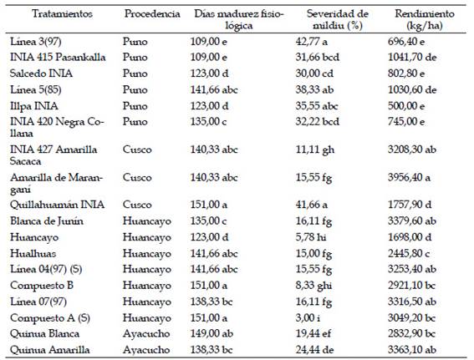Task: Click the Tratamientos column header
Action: [x=62, y=14]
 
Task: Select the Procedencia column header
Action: [x=152, y=14]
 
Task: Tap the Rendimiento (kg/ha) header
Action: [x=425, y=20]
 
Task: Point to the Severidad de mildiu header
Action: [x=338, y=20]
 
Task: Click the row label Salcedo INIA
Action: [x=41, y=74]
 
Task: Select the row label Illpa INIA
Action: [x=34, y=106]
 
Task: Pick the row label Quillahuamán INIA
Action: [x=57, y=205]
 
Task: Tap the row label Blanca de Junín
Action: [x=47, y=221]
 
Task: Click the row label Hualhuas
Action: [x=33, y=253]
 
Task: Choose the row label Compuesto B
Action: [x=42, y=286]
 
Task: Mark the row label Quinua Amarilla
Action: [x=50, y=350]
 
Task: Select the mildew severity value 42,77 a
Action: [x=311, y=42]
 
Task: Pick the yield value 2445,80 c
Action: [x=409, y=253]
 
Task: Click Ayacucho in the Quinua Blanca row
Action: [x=146, y=333]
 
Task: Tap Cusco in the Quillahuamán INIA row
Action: [x=137, y=205]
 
